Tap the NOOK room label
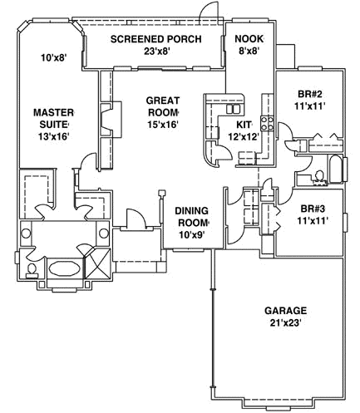pos(248,38)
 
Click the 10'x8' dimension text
pos(52,58)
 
